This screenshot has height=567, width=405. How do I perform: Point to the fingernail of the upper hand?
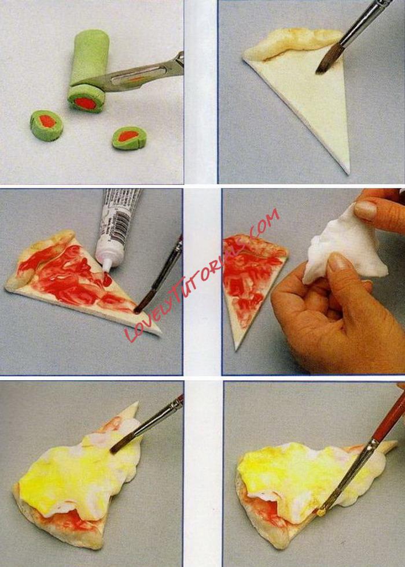[x=366, y=210]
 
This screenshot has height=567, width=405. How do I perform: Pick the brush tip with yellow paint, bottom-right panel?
[x=321, y=512]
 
